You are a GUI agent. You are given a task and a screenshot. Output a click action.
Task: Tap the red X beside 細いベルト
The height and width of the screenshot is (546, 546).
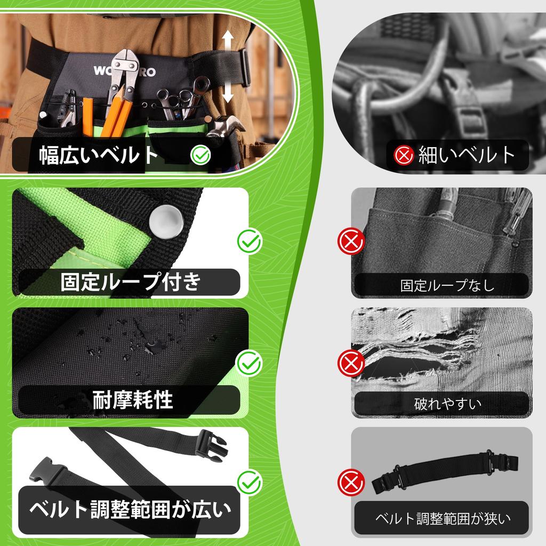pyautogui.click(x=404, y=155)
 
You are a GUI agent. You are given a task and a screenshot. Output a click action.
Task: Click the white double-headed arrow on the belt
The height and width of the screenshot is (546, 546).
pyautogui.click(x=228, y=66)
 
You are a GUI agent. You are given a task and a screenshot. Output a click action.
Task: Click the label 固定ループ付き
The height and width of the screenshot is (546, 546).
pyautogui.click(x=130, y=282)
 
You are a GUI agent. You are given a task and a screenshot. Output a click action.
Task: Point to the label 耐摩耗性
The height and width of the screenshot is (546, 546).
pyautogui.click(x=133, y=399)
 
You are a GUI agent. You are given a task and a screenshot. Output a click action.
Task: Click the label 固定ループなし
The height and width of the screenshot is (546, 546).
pyautogui.click(x=447, y=285)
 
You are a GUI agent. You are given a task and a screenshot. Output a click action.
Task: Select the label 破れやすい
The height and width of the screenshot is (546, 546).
pyautogui.click(x=447, y=404)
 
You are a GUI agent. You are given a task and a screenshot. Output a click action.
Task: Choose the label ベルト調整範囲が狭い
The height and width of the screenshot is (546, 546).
pyautogui.click(x=443, y=518)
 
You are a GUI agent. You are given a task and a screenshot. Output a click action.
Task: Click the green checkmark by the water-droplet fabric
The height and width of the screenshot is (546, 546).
pyautogui.click(x=249, y=364)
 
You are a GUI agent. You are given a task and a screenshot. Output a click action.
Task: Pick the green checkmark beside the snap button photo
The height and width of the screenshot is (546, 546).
pyautogui.click(x=249, y=242)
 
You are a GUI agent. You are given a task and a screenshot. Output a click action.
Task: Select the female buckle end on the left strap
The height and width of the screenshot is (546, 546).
pyautogui.click(x=48, y=472)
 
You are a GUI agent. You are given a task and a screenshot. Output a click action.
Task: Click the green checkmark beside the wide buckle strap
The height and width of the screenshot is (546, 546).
pyautogui.click(x=249, y=483)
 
